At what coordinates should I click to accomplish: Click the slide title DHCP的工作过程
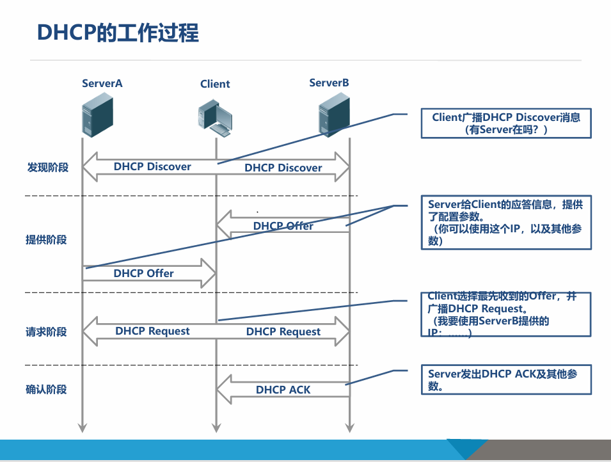click(x=118, y=32)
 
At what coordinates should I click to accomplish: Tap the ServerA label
click(x=102, y=83)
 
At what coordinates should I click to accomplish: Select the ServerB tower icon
click(x=335, y=115)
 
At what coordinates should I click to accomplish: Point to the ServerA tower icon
click(x=97, y=115)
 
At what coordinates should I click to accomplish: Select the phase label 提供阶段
click(x=46, y=240)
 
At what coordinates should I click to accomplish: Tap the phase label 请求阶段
click(x=46, y=332)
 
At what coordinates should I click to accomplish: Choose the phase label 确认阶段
click(x=46, y=389)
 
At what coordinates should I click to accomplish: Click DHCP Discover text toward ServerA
click(x=152, y=166)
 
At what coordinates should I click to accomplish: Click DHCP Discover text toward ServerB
click(x=283, y=168)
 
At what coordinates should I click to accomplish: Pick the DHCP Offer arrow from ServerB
click(x=283, y=226)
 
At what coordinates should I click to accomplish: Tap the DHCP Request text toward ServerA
click(x=152, y=331)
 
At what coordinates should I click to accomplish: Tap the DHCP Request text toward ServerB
click(x=283, y=331)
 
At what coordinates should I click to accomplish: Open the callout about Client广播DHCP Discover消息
click(x=505, y=123)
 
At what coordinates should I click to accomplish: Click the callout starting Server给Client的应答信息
click(x=505, y=223)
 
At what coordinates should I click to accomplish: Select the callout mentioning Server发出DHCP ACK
click(x=505, y=380)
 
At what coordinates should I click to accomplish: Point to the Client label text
click(x=215, y=84)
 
